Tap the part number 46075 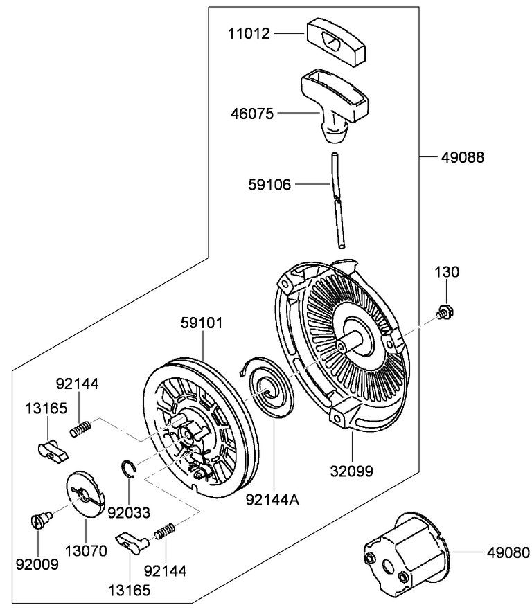251,112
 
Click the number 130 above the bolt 446,273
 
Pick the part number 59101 202,323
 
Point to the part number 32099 351,471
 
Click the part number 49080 507,552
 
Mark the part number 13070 86,551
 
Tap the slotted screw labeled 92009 42,519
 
